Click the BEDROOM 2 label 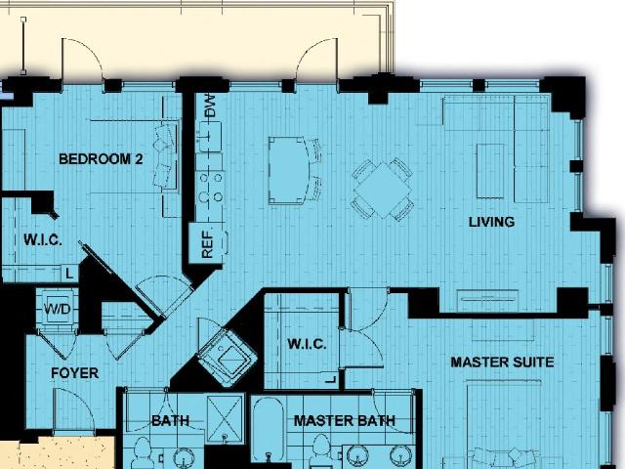coord(101,159)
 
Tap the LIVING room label coord(491,222)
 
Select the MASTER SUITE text coord(502,362)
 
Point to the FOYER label coord(74,373)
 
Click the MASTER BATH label coord(345,421)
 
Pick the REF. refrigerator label coord(208,243)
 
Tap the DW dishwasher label coord(210,106)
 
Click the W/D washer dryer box coord(58,309)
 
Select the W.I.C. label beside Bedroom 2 coord(43,239)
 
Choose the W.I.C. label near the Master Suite coord(307,344)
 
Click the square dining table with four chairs coord(383,190)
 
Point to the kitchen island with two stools coord(294,170)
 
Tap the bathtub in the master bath coord(269,431)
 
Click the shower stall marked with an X coord(226,419)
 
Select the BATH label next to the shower coord(171,421)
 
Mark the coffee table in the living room coord(490,171)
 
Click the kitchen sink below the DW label coord(209,137)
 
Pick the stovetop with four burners coord(211,187)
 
